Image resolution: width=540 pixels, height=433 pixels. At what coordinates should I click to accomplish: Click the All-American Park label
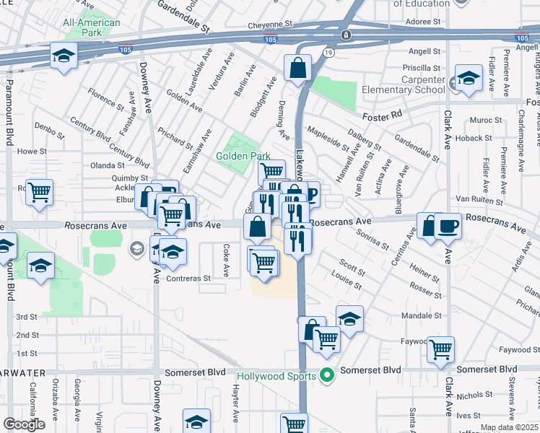pos(92,28)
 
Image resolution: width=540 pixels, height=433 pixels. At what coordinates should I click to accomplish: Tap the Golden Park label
pos(243,156)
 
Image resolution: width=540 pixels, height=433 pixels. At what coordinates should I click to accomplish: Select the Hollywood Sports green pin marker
pos(327,375)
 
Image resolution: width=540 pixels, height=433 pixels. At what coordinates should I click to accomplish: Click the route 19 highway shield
pos(328,53)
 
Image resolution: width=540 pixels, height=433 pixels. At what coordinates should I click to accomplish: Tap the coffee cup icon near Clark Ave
pos(448,226)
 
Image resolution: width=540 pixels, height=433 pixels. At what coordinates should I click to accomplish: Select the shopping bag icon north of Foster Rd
pos(297,69)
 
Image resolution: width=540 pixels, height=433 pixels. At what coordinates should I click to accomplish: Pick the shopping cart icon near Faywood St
pos(440,350)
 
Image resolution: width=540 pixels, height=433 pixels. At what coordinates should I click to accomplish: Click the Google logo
pos(24,424)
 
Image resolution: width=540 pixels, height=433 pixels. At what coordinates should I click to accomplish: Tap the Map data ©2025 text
pos(509,427)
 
